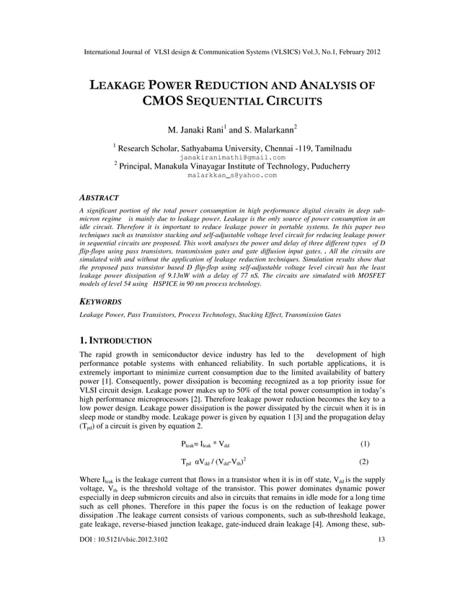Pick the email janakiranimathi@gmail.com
pos(230,157)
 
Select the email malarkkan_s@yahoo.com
pos(230,175)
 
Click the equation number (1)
pos(364,444)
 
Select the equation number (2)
pos(364,462)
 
